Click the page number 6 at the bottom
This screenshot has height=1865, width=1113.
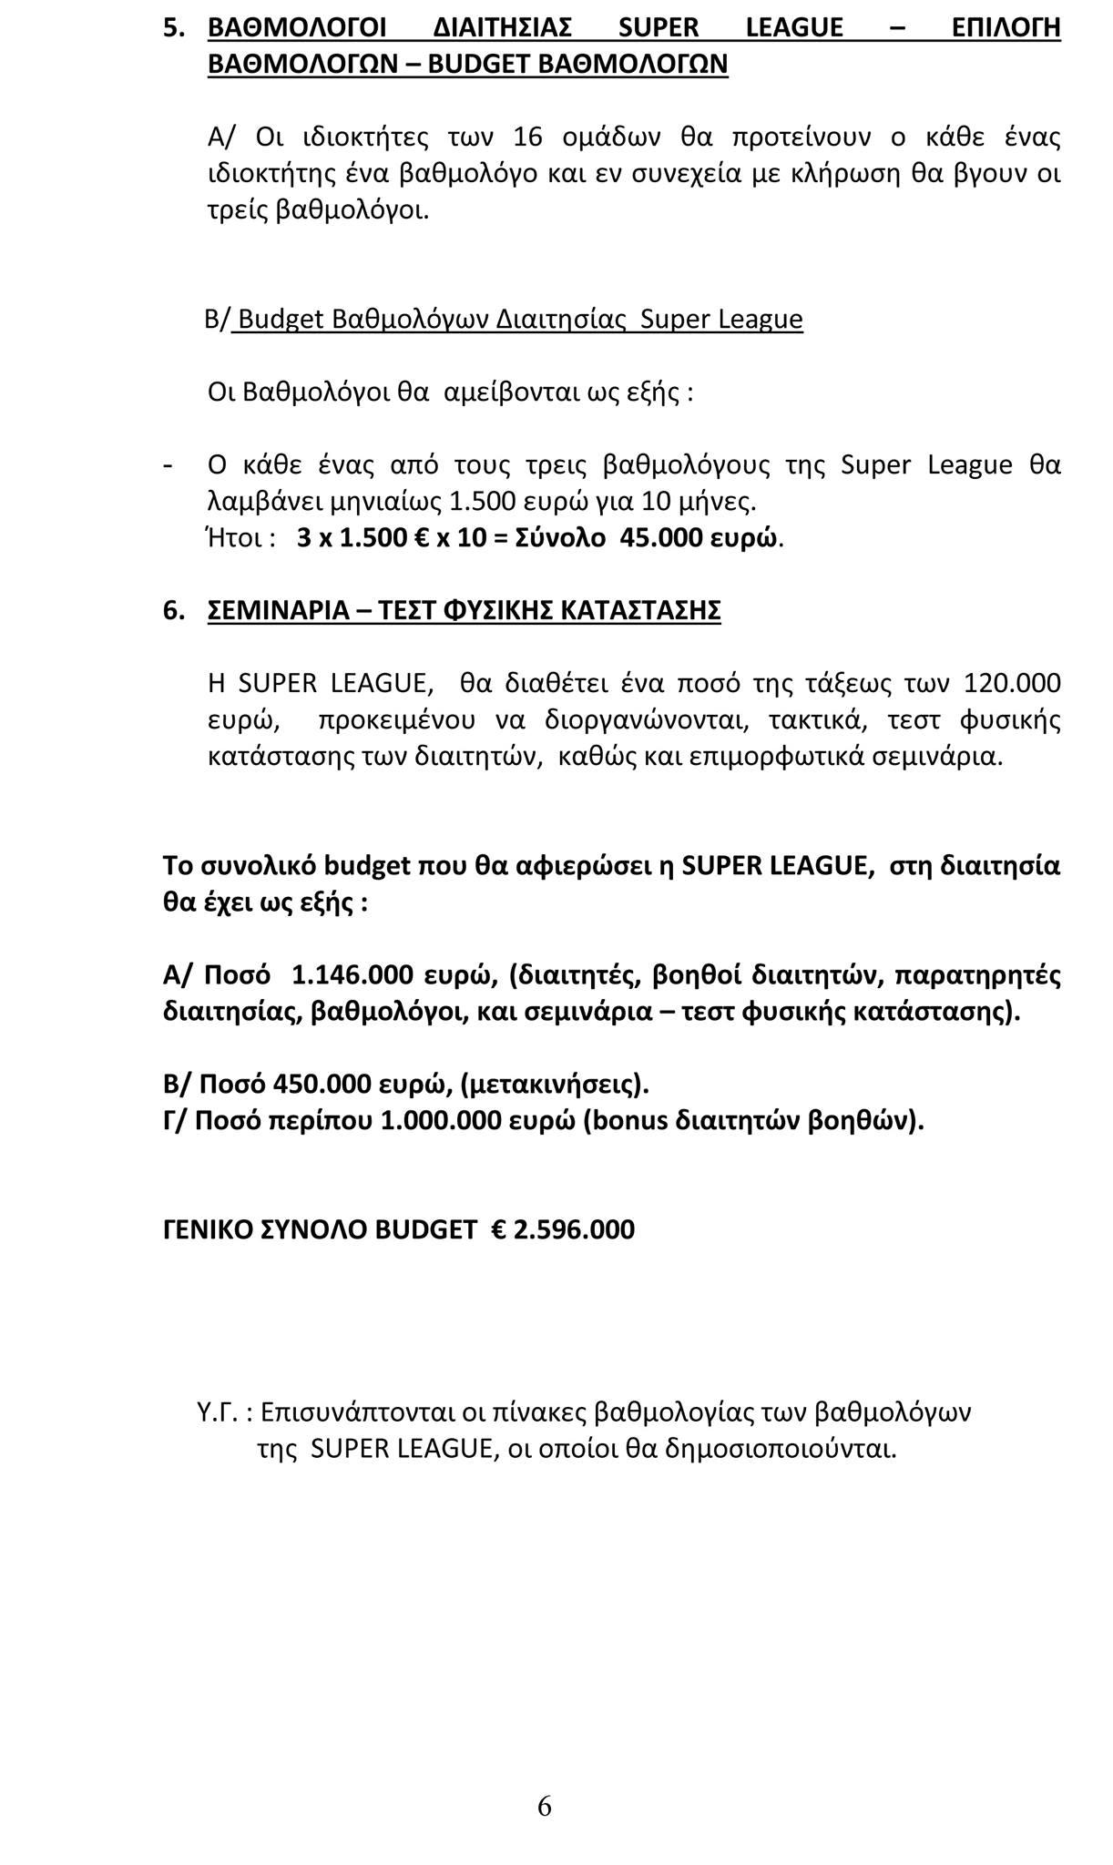(545, 1805)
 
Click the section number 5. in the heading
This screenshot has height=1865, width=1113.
(174, 28)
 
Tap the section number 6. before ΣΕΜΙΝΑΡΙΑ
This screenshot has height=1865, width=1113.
(174, 611)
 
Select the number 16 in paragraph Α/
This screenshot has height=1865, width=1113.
(528, 138)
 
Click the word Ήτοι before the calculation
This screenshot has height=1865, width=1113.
(238, 538)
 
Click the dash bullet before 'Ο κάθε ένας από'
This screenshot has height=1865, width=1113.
(167, 465)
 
